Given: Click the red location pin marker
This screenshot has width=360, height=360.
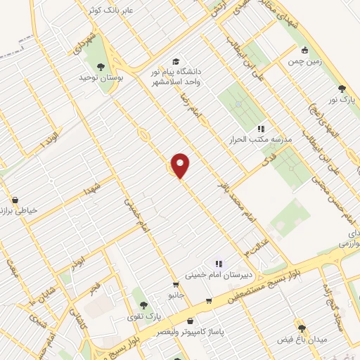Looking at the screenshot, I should click(181, 165).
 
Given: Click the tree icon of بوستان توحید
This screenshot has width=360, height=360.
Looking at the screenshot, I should click(101, 67).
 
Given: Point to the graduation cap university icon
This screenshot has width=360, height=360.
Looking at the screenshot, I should click(175, 61).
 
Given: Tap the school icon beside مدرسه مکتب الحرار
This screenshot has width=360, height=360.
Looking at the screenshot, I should click(260, 129).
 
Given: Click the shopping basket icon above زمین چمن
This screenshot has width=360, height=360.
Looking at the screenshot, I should click(305, 50).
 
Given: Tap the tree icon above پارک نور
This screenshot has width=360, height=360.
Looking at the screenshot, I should click(342, 89).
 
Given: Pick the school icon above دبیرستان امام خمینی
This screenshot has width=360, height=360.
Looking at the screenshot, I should click(208, 264).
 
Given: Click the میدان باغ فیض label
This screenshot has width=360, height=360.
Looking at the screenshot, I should click(302, 339).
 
